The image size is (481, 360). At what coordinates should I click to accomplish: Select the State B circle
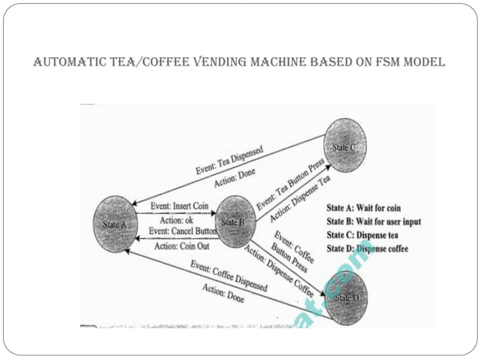click(235, 221)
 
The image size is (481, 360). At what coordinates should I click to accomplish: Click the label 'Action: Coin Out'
click(182, 245)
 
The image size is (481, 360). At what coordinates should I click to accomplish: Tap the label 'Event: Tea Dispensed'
click(230, 160)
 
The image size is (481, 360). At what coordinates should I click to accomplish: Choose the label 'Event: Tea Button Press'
click(290, 185)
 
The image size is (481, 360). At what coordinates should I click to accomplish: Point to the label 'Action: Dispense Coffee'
click(280, 270)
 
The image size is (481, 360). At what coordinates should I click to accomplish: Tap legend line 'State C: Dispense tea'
click(367, 235)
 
